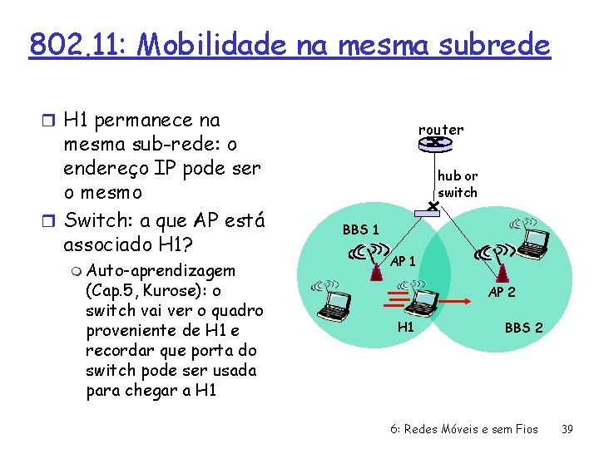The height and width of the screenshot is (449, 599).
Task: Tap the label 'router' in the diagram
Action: pos(441,129)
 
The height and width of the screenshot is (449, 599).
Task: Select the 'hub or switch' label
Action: pos(458,184)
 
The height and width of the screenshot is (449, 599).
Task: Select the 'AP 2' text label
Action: pos(502,292)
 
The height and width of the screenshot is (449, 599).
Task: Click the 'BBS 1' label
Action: pos(361,229)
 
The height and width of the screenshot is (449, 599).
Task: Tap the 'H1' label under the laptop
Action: pos(406,327)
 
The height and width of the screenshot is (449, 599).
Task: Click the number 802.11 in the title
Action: pos(75,43)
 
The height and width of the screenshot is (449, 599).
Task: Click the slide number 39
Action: pos(567,429)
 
